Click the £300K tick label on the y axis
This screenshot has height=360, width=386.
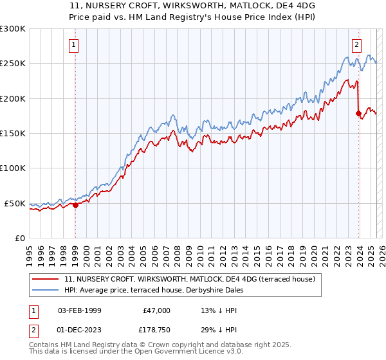(x=13, y=29)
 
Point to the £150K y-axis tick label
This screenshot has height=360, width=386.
(x=13, y=134)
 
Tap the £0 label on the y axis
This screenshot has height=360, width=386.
(x=19, y=238)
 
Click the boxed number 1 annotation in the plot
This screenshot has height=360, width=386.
(x=75, y=45)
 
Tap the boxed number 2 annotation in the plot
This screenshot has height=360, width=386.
(x=356, y=45)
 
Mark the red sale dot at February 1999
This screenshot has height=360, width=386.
(x=75, y=205)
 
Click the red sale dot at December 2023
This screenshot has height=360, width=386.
(x=358, y=113)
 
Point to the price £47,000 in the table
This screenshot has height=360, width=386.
(x=156, y=310)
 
